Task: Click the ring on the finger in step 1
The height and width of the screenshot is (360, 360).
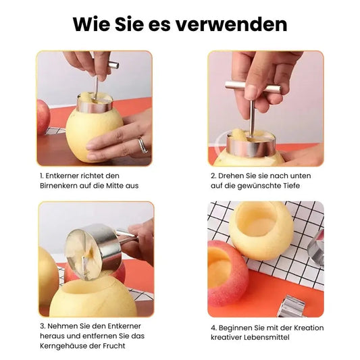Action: coord(143,145)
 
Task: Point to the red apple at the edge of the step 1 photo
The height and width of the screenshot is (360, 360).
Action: coord(43,116)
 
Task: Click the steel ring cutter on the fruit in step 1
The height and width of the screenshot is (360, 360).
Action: coord(95,105)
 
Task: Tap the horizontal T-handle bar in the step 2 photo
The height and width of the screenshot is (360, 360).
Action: coord(253,86)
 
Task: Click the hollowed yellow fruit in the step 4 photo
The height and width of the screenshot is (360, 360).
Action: coord(261,230)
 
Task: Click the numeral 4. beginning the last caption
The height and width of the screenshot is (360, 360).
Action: coord(214,328)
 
